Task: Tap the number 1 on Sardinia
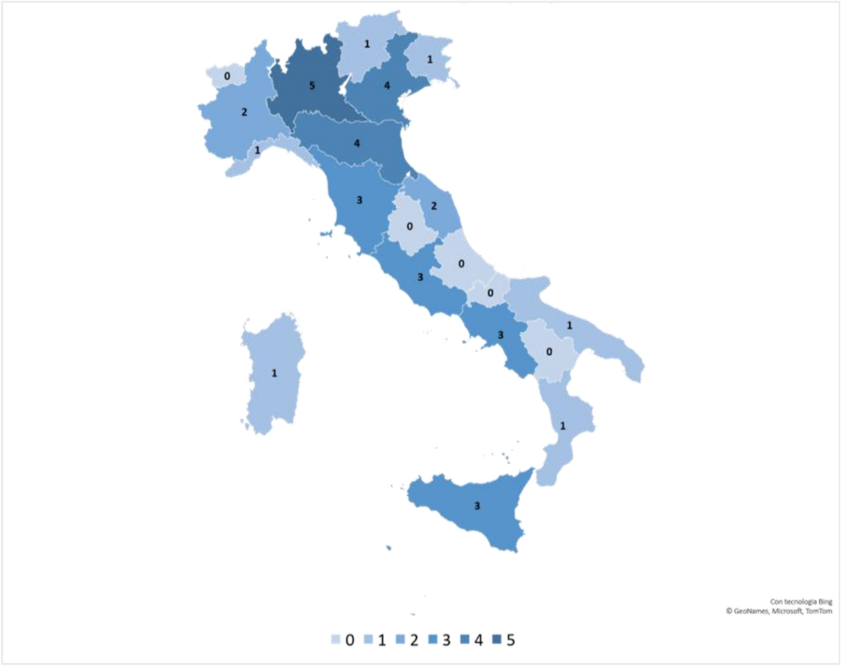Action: pos(274,373)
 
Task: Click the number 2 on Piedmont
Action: pos(244,112)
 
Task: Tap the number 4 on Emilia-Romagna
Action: pos(357,144)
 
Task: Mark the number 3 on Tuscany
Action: pos(359,201)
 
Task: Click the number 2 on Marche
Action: pos(434,206)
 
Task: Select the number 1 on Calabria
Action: pos(562,426)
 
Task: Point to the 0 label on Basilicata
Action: pos(550,351)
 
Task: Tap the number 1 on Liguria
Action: pos(257,151)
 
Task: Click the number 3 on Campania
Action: pos(500,336)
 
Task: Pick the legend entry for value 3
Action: pos(449,639)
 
